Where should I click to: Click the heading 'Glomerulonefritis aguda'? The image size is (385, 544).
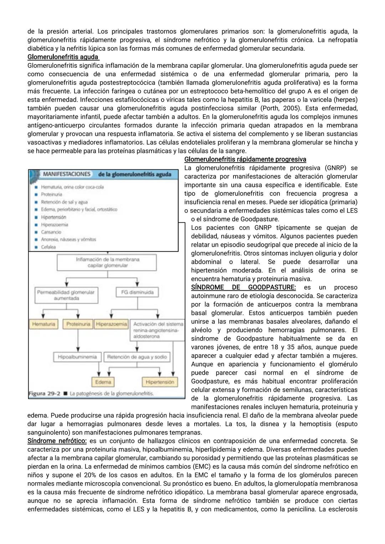[63, 57]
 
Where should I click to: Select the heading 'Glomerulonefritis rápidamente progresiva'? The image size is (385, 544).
[245, 159]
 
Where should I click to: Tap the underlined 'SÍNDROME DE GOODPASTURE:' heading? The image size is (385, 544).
[243, 287]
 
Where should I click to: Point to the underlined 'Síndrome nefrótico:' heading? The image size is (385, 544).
[57, 441]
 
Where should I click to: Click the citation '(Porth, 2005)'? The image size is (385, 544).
[280, 108]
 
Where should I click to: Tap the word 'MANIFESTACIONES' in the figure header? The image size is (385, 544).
[67, 174]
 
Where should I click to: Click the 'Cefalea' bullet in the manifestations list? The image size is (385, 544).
[48, 247]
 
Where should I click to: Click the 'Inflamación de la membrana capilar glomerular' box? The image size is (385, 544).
[108, 262]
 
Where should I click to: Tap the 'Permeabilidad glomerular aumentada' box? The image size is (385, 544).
[66, 295]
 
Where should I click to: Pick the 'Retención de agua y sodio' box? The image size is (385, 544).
[137, 356]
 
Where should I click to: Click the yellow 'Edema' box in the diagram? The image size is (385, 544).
[103, 382]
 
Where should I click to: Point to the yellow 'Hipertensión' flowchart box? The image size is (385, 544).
[160, 382]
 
